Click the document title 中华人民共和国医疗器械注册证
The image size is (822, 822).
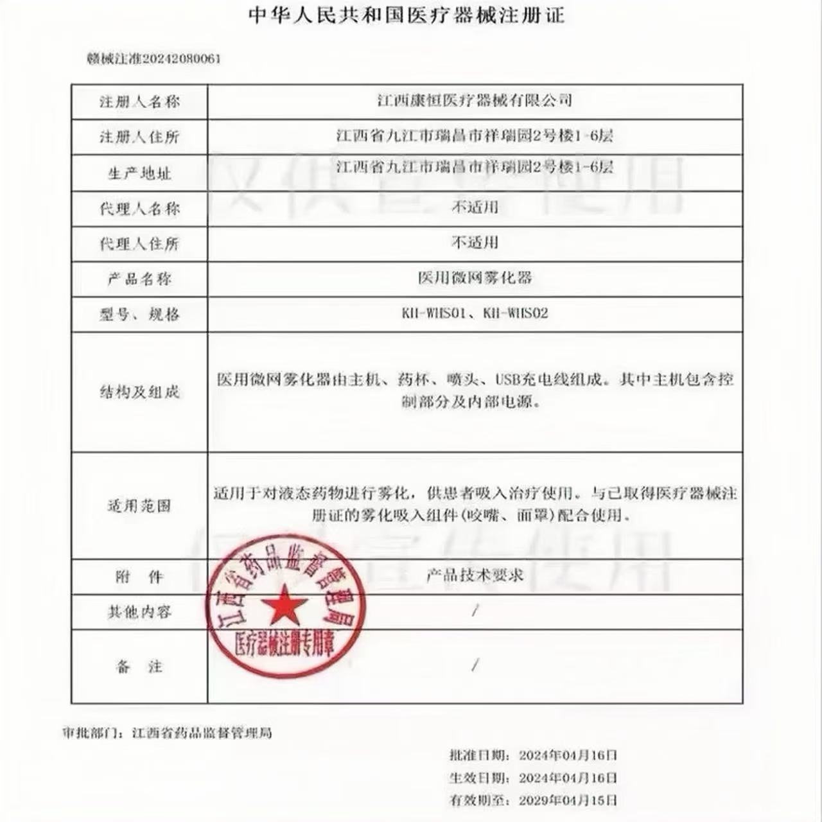pos(406,15)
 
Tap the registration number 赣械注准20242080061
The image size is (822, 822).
pos(153,59)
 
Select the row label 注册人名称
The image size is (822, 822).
pos(139,102)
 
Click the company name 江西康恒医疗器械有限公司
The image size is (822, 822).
pos(474,100)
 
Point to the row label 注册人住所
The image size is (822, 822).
pos(139,137)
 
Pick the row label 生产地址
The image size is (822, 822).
pos(139,173)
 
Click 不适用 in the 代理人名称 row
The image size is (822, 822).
pos(475,207)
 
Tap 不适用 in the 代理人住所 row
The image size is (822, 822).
pos(475,243)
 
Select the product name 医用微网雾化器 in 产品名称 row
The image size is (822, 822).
pos(475,278)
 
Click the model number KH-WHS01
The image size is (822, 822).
pos(433,313)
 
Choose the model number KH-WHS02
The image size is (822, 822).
pos(516,313)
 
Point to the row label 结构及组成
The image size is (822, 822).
pos(139,392)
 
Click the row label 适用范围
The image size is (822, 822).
pos(139,506)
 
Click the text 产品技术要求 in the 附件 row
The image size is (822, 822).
pos(475,575)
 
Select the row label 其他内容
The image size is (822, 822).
pos(139,612)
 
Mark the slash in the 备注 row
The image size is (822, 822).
pos(475,665)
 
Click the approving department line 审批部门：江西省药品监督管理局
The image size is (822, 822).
pos(168,733)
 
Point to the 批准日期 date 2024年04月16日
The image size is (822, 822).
pos(568,755)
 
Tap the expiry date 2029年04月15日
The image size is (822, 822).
pos(568,801)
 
